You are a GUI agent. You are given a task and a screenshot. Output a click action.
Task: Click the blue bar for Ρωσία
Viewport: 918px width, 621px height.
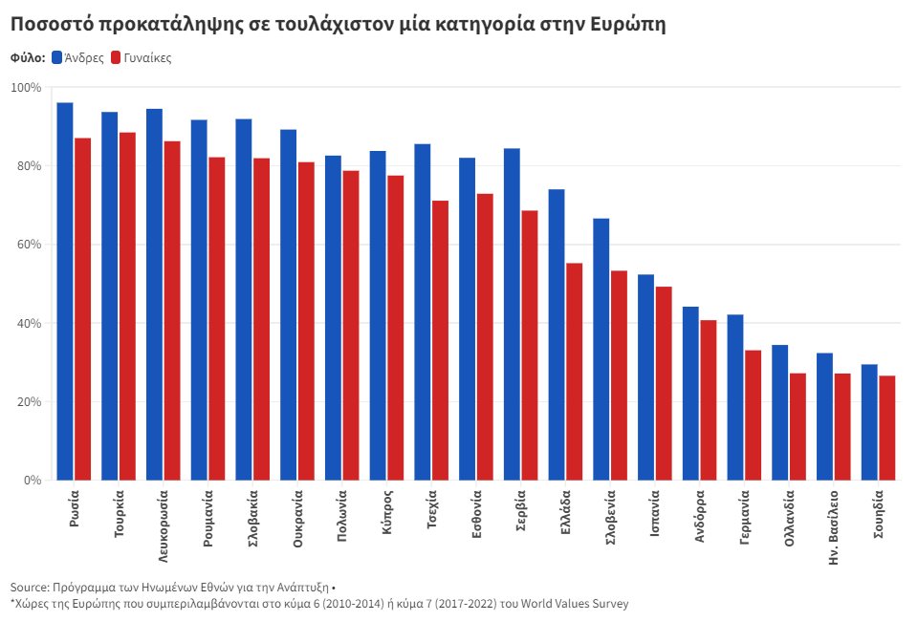click(x=65, y=291)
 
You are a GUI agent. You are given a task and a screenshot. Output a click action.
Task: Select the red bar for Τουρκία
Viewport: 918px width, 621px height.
click(x=127, y=306)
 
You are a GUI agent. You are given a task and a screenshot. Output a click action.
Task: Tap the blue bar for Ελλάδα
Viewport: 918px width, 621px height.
click(x=557, y=334)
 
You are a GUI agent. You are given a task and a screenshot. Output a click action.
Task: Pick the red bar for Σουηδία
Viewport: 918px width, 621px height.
click(x=887, y=428)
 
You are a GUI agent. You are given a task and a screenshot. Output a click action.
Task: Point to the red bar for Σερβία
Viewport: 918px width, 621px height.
click(x=530, y=345)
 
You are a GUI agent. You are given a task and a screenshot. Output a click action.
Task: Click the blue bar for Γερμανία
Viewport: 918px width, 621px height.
click(x=735, y=397)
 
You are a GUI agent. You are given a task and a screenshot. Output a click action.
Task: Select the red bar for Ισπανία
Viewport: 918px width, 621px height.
click(x=664, y=383)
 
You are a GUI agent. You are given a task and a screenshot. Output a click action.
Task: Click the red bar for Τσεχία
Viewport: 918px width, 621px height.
click(x=440, y=340)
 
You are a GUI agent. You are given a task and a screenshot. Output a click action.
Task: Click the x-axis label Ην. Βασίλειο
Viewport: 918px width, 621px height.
click(x=834, y=528)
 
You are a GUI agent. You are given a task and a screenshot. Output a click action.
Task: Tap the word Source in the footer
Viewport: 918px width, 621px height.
click(x=30, y=587)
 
